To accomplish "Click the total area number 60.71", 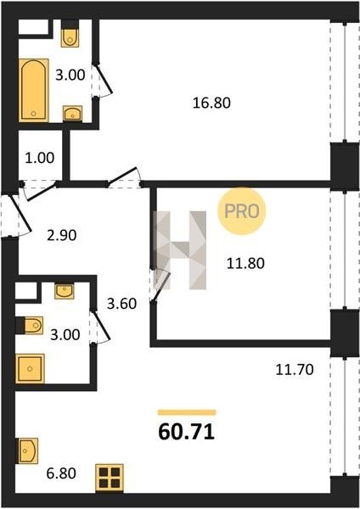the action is pos(187,432).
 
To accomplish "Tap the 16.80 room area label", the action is pos(211,103).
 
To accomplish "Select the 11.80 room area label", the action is pos(245,263).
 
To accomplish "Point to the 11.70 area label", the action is pos(295,369).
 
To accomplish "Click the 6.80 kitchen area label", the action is pos(61,473).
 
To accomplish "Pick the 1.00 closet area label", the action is pos(40,158).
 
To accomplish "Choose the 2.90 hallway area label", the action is pos(62,235).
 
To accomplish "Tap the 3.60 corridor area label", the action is pos(122,304).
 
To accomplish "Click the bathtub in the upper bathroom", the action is pos(33,90).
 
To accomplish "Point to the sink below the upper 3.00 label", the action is pos(72,114).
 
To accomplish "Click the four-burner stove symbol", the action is pos(110,478).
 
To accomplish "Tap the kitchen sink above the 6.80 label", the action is pos(28,450).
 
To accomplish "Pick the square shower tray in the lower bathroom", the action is pos(30,368).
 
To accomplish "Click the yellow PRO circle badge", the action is pos(242,211).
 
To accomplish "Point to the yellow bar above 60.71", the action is pos(187,412).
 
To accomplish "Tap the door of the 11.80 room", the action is pos(161,285).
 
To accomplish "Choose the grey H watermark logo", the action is pos(180,250).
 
